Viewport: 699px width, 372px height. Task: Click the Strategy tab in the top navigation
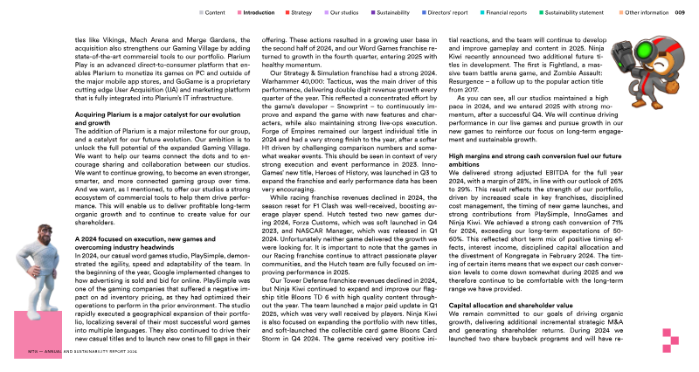click(x=302, y=13)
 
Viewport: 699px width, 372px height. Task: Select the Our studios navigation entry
click(x=347, y=13)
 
